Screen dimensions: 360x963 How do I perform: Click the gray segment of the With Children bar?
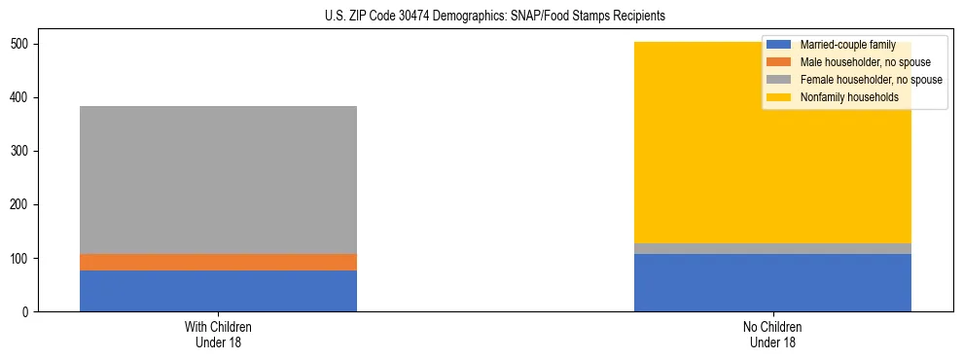218,180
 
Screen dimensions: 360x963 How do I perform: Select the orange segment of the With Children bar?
218,262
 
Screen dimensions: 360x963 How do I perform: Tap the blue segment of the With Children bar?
218,291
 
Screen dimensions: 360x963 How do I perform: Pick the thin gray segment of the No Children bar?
772,248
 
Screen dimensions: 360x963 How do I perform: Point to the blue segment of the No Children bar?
772,282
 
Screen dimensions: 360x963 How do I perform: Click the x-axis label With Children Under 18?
218,334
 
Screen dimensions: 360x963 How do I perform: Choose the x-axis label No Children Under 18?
772,334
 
